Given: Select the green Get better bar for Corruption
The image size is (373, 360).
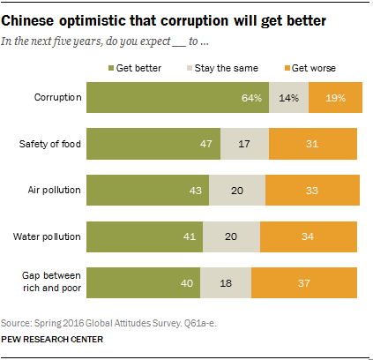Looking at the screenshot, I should (x=176, y=98).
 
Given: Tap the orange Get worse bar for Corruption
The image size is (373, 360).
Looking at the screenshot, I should (x=334, y=98).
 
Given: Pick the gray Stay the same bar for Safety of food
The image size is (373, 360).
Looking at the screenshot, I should (x=244, y=144).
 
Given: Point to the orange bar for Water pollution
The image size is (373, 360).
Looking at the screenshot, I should (x=308, y=236).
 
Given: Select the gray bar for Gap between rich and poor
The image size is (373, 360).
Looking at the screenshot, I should (x=226, y=281).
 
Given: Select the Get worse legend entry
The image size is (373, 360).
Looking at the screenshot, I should (x=312, y=67).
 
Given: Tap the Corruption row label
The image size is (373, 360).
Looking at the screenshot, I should (x=57, y=98).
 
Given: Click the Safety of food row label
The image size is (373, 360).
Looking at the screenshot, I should (x=49, y=144).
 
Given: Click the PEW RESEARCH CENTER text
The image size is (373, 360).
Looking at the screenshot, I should (x=52, y=339).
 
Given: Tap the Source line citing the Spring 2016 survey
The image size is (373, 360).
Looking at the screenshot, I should (x=115, y=323).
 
